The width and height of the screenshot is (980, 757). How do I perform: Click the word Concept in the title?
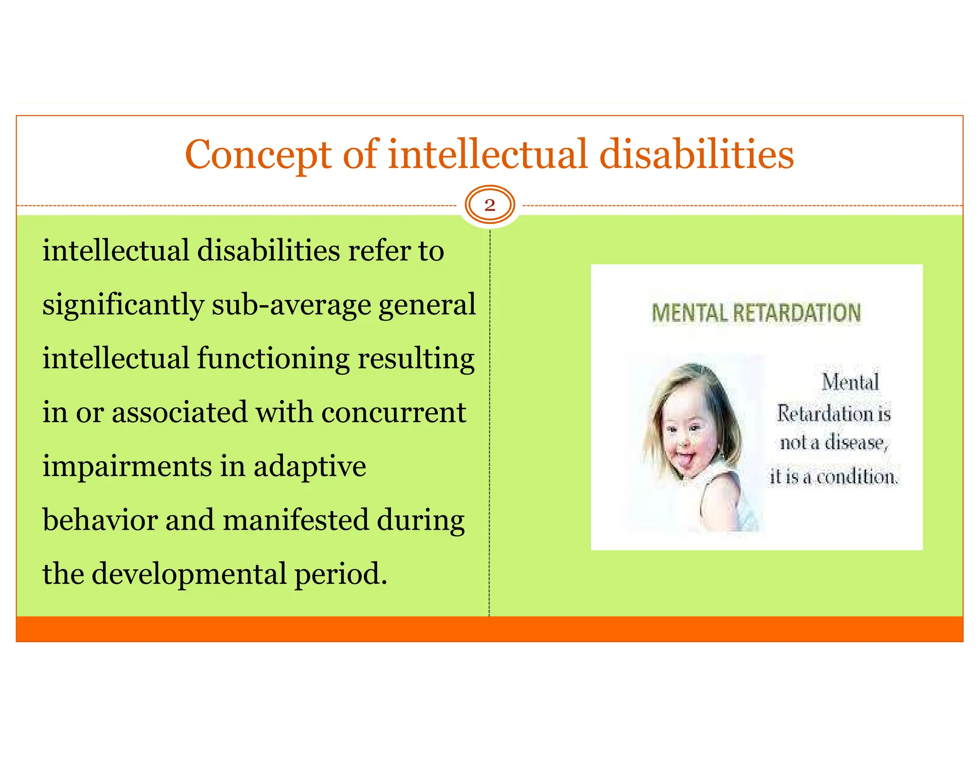[x=258, y=156]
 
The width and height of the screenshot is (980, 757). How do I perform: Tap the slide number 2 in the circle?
[x=490, y=205]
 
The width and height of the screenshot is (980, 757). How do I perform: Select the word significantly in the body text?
[x=123, y=305]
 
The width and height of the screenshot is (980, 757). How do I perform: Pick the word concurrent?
[x=393, y=412]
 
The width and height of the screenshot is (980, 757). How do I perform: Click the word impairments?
[x=127, y=467]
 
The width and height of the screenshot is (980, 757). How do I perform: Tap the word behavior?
[x=100, y=520]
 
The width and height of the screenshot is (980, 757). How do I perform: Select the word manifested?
[x=296, y=520]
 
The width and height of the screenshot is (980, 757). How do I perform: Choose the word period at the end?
[x=340, y=574]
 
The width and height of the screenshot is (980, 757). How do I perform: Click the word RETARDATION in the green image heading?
[x=796, y=313]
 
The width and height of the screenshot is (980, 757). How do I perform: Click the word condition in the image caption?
[x=857, y=477]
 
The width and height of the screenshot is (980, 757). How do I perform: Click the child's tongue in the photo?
[x=686, y=461]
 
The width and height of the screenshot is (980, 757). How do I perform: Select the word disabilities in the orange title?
[x=696, y=155]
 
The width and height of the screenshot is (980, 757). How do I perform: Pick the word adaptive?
[x=310, y=467]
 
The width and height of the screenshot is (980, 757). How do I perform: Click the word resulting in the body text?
[x=416, y=359]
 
